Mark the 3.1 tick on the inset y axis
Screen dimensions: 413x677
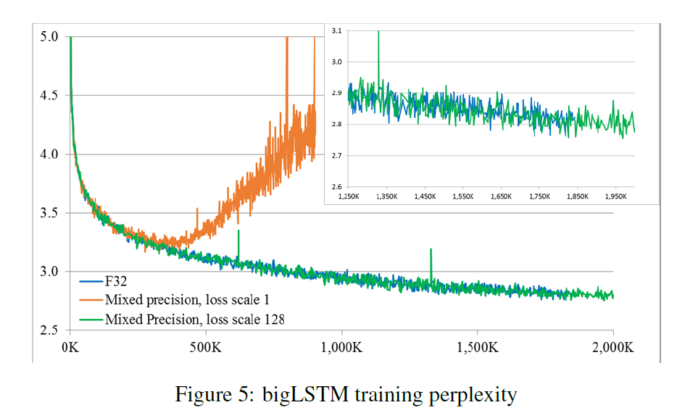[x=336, y=31]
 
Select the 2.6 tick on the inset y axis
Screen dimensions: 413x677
[x=336, y=188]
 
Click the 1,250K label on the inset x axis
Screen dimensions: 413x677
[x=349, y=196]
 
